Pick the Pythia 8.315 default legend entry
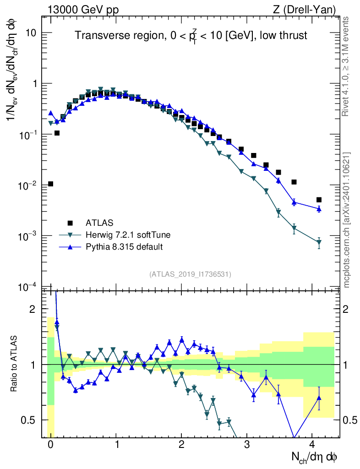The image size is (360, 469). tap(124, 247)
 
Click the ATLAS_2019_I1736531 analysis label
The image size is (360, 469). tap(190, 274)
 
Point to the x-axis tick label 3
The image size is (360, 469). tap(247, 445)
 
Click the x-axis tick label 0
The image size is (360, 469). tap(50, 445)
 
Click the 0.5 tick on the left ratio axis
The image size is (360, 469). tap(29, 420)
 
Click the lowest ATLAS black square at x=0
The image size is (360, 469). tap(50, 184)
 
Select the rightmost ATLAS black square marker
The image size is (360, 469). tap(319, 200)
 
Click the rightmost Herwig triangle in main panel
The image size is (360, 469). tap(319, 242)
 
